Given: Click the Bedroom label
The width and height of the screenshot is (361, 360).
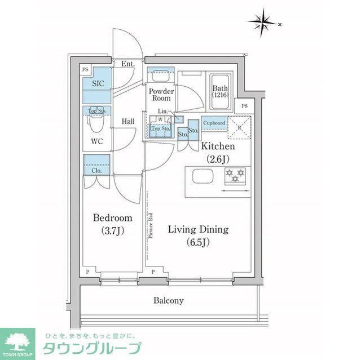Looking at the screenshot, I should point(113,218).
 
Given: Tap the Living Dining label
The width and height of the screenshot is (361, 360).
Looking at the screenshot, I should point(198,229).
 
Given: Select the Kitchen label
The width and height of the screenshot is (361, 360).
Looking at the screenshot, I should point(218,146).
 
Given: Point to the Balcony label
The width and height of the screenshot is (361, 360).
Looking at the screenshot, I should point(169,300).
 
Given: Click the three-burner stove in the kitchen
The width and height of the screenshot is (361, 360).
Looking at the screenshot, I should point(235,176).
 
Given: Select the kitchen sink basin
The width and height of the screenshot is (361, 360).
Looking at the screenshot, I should point(201,176).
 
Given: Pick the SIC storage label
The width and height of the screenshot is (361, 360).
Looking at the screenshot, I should point(98,83).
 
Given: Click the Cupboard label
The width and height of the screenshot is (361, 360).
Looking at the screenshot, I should point(214,123).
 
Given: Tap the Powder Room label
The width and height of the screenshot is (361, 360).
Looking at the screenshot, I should point(161,94).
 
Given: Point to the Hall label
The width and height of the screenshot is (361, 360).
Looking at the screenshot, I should point(127,121).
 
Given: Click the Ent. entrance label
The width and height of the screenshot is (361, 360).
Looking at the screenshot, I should point(127,64).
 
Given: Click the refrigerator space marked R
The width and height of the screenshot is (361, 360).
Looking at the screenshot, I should point(239,127).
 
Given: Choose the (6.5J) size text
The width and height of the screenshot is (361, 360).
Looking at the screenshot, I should point(197,242).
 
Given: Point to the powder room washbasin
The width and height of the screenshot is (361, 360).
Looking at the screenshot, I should point(161,75).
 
